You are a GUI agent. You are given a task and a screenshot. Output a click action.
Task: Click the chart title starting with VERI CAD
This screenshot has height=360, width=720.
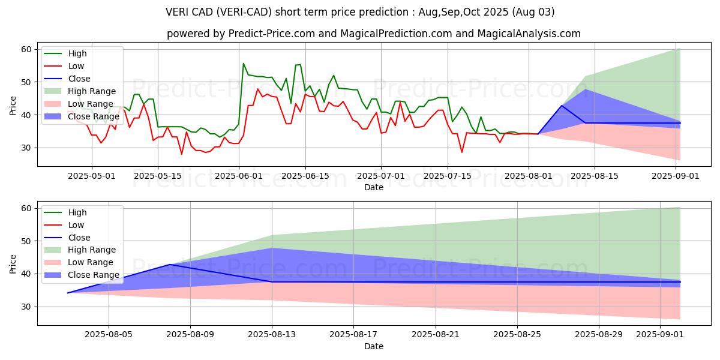(360, 12)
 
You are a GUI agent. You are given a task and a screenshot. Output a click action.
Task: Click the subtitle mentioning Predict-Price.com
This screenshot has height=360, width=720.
(373, 34)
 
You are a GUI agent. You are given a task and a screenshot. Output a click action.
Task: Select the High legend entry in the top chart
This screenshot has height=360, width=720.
(77, 53)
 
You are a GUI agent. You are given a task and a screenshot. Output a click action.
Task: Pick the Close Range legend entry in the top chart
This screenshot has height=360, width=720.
(94, 116)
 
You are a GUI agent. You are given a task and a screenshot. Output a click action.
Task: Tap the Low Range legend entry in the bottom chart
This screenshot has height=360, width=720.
(91, 262)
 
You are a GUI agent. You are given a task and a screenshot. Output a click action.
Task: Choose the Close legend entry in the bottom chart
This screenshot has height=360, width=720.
(79, 238)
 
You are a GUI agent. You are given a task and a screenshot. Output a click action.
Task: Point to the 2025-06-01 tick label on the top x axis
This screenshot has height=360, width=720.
(238, 176)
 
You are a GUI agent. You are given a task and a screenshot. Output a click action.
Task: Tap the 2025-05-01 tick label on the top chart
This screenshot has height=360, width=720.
(92, 176)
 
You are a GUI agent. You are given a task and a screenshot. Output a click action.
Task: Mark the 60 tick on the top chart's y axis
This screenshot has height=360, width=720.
(26, 49)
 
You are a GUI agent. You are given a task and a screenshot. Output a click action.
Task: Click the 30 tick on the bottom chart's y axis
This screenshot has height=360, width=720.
(26, 307)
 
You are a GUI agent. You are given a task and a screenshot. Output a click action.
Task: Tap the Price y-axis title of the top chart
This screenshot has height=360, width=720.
(13, 106)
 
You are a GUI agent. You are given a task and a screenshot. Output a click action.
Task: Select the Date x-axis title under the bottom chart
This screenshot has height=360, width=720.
(373, 346)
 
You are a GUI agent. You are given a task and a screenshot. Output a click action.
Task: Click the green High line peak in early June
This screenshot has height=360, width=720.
(243, 63)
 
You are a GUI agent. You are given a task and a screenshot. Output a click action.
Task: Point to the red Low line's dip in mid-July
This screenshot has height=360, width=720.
(462, 152)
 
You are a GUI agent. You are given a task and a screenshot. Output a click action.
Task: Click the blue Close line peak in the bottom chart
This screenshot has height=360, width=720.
(170, 265)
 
